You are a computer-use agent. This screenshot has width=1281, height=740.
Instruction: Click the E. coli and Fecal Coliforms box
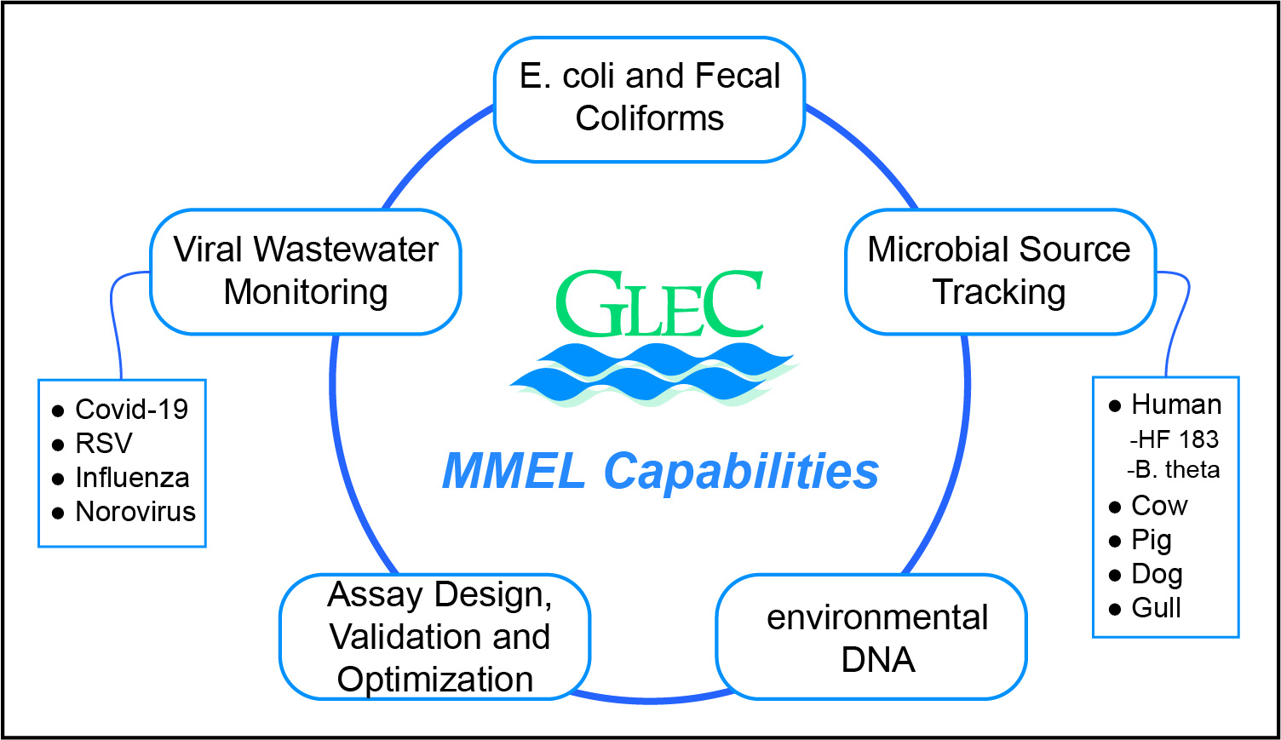pos(649,98)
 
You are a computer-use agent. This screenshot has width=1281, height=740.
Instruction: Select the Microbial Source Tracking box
pos(999,271)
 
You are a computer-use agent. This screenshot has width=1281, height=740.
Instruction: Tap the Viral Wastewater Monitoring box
pos(305,271)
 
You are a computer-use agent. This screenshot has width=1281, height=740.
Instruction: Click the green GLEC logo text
pos(658,304)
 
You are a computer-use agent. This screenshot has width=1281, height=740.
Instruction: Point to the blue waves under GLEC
pos(652,374)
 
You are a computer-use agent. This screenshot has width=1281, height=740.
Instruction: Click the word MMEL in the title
pos(513,471)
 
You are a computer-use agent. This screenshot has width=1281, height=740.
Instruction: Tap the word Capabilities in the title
pos(741,471)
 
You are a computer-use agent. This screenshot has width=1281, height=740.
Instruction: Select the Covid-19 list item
pos(131,410)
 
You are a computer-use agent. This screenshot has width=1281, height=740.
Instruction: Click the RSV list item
pos(104,444)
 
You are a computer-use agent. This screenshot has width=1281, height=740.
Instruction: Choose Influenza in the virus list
pos(132,478)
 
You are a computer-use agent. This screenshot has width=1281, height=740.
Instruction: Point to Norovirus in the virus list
pos(135,512)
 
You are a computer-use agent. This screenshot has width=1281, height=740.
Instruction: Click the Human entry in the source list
pos(1175,404)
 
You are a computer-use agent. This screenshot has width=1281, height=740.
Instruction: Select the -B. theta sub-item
pos(1173,470)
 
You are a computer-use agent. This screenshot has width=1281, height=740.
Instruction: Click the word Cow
pos(1159,506)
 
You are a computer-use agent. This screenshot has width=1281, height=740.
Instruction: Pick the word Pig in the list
pos(1152,540)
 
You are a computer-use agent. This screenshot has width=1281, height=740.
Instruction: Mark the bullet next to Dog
pos(1115,576)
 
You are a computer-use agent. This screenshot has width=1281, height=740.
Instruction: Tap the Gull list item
pos(1156,608)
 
